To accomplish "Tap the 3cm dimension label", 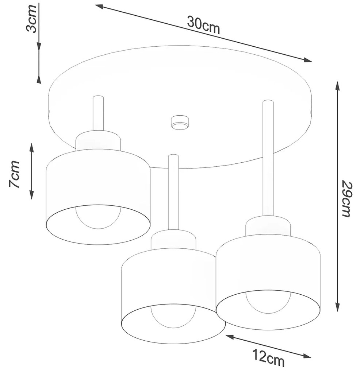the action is [31, 18].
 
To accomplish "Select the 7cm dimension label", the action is [14, 174].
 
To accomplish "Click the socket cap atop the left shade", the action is [98, 141].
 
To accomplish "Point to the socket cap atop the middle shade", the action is [173, 240].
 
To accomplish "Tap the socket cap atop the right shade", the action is [268, 226].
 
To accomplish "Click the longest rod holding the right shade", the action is [268, 158].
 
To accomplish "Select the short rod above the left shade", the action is [98, 113].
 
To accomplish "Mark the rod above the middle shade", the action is [173, 192].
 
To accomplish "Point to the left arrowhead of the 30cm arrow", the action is [99, 7].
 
